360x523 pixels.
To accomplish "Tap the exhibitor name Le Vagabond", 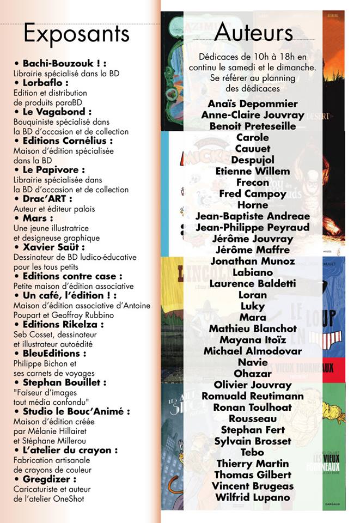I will click(56, 112).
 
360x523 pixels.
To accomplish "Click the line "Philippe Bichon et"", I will click(45, 363).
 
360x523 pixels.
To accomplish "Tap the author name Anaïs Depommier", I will click(253, 104).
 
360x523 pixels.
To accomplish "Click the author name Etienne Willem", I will click(253, 171).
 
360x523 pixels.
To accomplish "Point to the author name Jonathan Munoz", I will click(252, 261).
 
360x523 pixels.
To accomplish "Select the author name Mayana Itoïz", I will click(252, 340).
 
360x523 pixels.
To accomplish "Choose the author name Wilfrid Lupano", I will click(252, 497).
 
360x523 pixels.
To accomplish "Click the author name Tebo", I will click(252, 452).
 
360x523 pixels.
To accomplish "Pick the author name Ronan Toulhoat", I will click(252, 408).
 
